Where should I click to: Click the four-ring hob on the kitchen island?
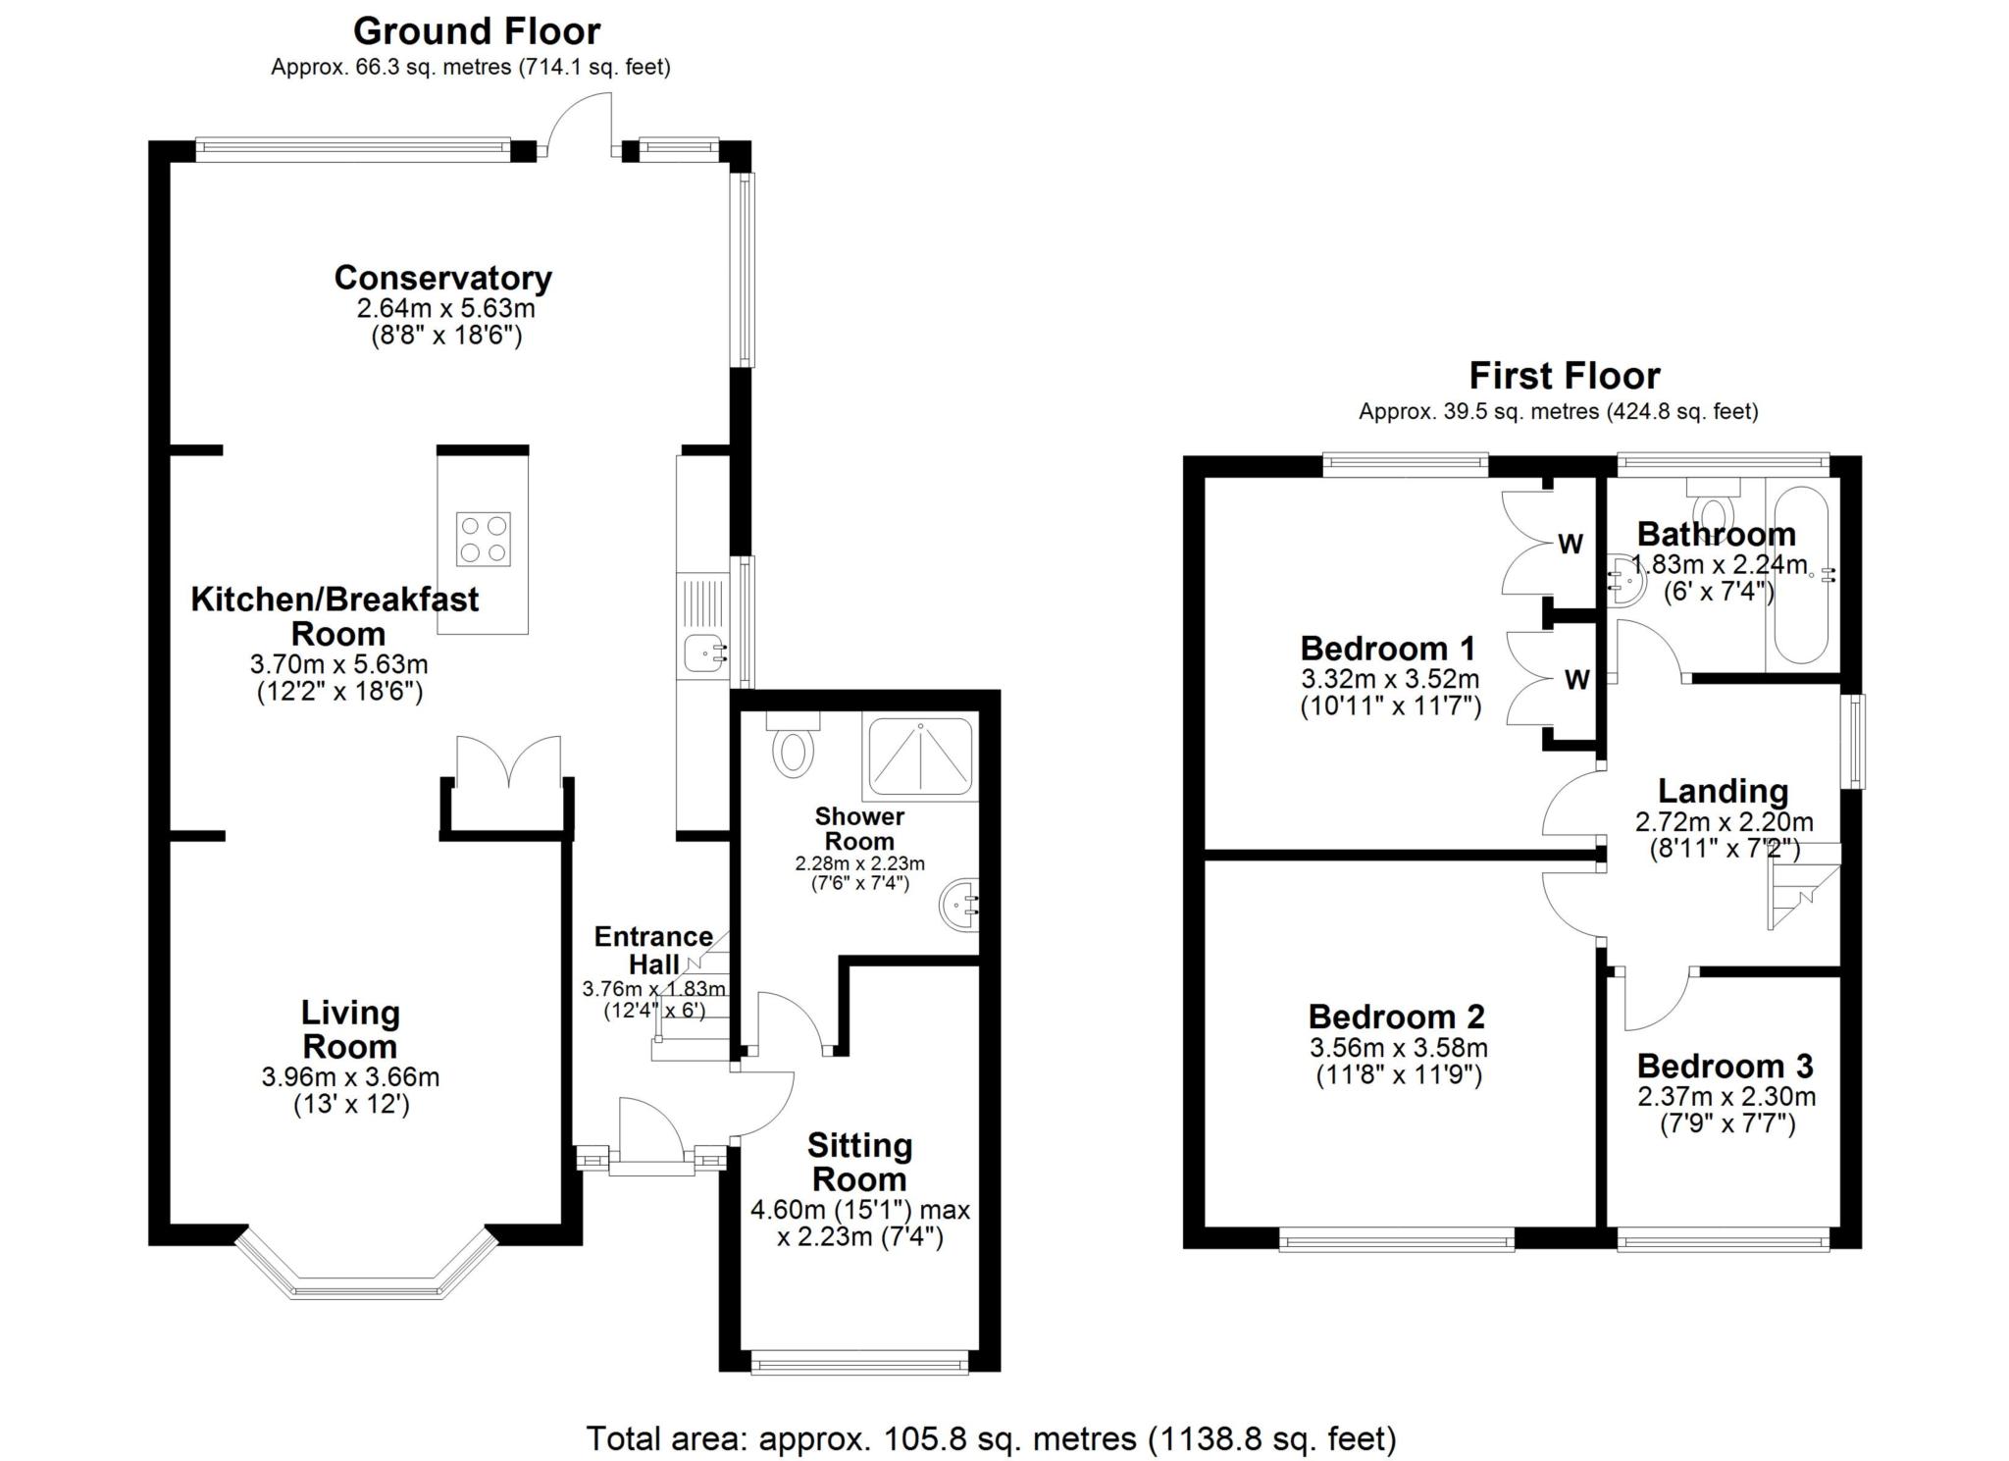[484, 539]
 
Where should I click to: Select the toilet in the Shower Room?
[793, 745]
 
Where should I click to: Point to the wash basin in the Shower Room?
[960, 906]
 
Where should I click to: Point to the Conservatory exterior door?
[580, 125]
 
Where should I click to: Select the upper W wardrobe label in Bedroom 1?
[1571, 544]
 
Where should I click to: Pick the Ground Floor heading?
[477, 31]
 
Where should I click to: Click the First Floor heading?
[1564, 376]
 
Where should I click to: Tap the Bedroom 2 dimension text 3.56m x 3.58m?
[1399, 1048]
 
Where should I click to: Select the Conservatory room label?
[443, 278]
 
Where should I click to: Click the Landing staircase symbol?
[1804, 885]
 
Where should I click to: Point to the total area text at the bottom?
[991, 1438]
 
